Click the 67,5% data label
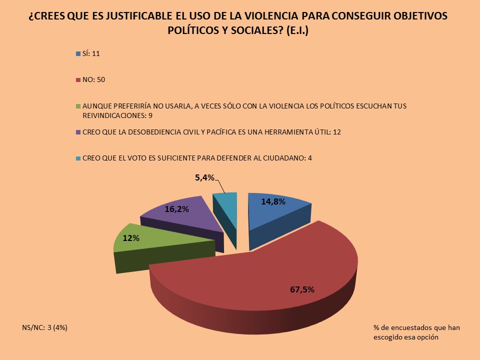pyautogui.click(x=301, y=289)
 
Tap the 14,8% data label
pyautogui.click(x=273, y=202)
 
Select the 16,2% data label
pyautogui.click(x=176, y=209)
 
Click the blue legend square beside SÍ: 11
pyautogui.click(x=77, y=53)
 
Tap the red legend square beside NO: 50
pyautogui.click(x=77, y=79)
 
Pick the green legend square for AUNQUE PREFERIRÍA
pyautogui.click(x=77, y=106)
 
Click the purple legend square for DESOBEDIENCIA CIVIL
pyautogui.click(x=77, y=132)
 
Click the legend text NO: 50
pyautogui.click(x=93, y=79)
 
